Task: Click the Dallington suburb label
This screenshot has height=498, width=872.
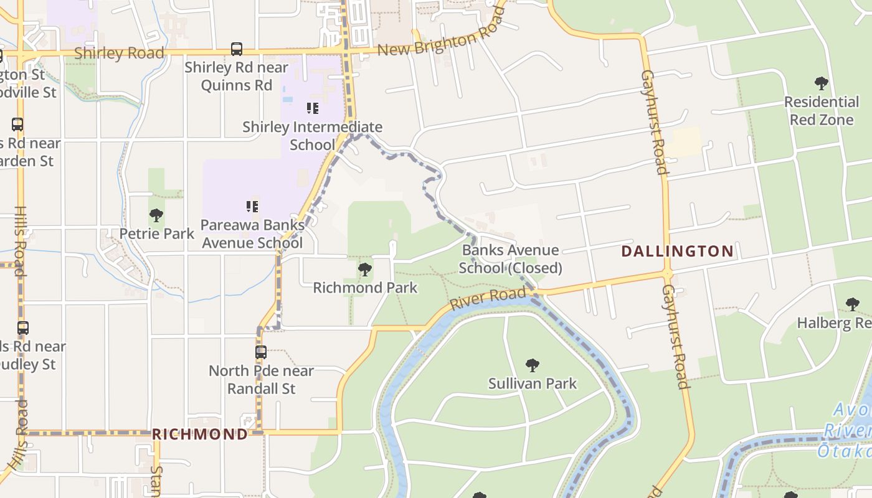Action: pyautogui.click(x=678, y=251)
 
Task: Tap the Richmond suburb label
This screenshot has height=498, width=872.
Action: pyautogui.click(x=200, y=434)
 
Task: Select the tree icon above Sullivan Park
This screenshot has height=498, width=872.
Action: pyautogui.click(x=532, y=365)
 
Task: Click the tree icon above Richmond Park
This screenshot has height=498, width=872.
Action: pyautogui.click(x=365, y=270)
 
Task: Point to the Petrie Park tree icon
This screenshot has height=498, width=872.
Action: pyautogui.click(x=156, y=216)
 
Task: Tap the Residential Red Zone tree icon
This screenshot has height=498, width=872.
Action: pyautogui.click(x=821, y=83)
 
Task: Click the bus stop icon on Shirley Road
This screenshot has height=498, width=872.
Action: pyautogui.click(x=237, y=49)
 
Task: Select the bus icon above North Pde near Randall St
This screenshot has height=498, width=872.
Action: pyautogui.click(x=261, y=352)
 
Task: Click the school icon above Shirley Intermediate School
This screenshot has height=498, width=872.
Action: pyautogui.click(x=313, y=108)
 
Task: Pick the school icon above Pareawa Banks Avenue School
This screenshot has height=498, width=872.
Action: pyautogui.click(x=252, y=206)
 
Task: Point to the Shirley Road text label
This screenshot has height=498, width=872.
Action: pyautogui.click(x=119, y=54)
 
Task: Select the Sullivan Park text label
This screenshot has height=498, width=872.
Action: pyautogui.click(x=533, y=383)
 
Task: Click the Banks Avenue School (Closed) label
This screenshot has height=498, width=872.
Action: pyautogui.click(x=511, y=259)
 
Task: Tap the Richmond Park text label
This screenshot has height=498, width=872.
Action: pyautogui.click(x=365, y=288)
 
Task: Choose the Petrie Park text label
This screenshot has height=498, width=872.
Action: pyautogui.click(x=157, y=234)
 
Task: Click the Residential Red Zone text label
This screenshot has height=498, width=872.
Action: pyautogui.click(x=821, y=110)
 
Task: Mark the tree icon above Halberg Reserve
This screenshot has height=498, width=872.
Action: pyautogui.click(x=852, y=304)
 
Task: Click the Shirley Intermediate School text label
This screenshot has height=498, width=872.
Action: pyautogui.click(x=312, y=136)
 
